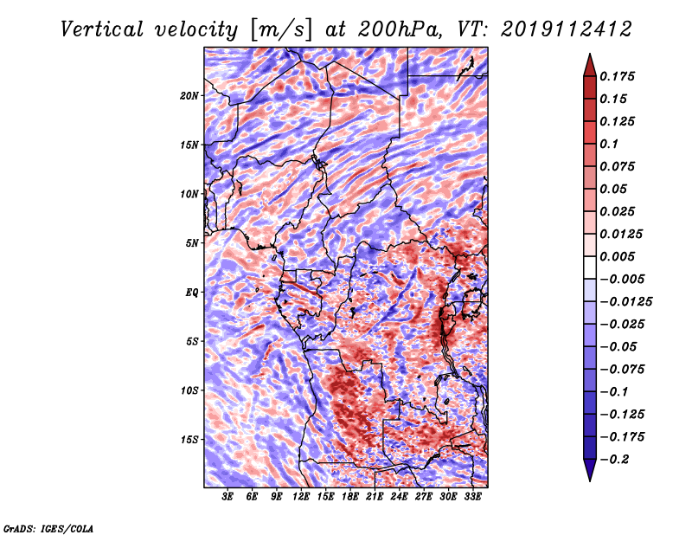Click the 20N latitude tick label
click(x=189, y=96)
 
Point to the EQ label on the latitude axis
click(x=192, y=293)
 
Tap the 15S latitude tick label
click(x=189, y=440)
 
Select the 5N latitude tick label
click(x=192, y=243)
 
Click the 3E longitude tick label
click(x=227, y=497)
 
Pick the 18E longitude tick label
click(x=350, y=497)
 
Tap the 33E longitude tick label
click(x=472, y=497)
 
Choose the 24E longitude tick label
click(x=399, y=497)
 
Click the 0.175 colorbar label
click(x=617, y=76)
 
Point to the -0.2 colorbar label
click(x=614, y=460)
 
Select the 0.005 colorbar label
click(x=617, y=256)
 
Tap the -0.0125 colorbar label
click(x=625, y=302)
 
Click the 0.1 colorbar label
click(x=609, y=144)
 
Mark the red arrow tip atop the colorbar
click(x=590, y=54)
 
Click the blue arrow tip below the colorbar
click(x=590, y=480)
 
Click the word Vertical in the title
click(x=102, y=29)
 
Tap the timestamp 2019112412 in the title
click(x=567, y=29)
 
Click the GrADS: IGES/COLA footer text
click(x=48, y=528)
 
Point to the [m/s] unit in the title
click(x=281, y=30)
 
